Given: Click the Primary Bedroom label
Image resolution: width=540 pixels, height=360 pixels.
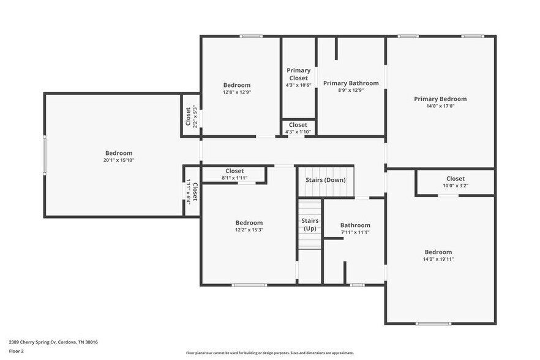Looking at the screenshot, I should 440,99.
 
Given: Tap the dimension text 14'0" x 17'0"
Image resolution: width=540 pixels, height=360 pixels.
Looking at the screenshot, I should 440,106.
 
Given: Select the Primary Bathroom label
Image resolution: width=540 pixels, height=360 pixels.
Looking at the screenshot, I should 351,83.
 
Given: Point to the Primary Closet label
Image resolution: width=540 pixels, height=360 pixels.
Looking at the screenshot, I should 298,74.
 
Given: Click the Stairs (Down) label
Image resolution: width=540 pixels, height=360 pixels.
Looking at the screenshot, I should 325,179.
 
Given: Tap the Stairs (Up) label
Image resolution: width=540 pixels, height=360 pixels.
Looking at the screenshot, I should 310,224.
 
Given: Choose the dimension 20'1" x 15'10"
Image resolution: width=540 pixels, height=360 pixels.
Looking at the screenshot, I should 118,160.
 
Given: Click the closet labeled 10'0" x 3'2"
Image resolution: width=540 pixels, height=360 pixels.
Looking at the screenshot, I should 455,182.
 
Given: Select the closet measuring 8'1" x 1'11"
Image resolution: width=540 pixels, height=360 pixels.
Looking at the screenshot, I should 234,174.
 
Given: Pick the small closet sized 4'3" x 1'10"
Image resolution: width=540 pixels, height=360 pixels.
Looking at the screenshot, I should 298,128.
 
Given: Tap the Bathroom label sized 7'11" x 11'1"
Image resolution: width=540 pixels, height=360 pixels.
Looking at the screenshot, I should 355,228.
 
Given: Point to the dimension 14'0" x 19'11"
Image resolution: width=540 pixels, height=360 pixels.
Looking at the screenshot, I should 438,259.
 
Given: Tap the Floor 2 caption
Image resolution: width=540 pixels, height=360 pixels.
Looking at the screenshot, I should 17,351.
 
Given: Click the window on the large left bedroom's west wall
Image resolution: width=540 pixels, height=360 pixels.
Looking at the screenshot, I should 44,155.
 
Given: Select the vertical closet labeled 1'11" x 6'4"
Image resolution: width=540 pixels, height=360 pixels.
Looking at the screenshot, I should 191,191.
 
